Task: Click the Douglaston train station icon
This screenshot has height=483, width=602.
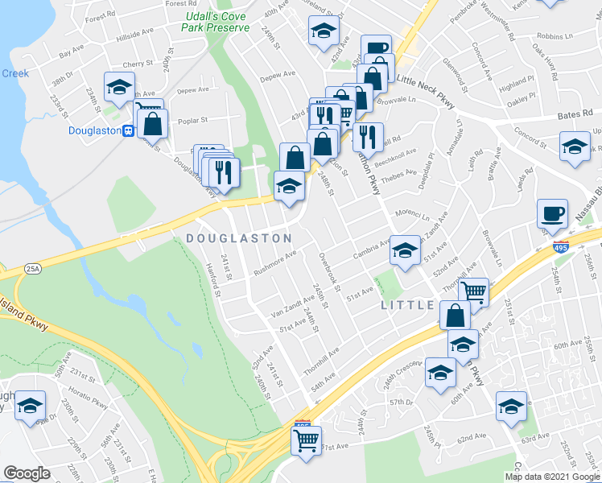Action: click(127, 131)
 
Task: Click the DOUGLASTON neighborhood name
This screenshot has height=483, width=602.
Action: click(238, 238)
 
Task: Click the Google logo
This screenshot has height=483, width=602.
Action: click(27, 473)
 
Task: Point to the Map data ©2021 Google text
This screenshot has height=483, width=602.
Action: click(552, 477)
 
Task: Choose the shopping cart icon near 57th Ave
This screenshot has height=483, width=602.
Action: click(306, 441)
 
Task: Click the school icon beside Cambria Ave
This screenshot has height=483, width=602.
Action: click(405, 250)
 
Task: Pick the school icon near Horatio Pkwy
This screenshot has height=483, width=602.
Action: click(30, 405)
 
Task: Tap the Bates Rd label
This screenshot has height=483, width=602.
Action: click(575, 116)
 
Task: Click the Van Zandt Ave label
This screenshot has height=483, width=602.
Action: click(291, 305)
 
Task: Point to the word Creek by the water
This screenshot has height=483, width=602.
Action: click(14, 73)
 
